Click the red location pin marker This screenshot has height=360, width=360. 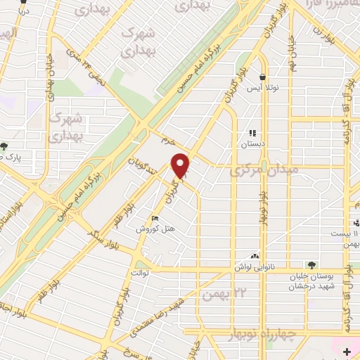click(182, 165)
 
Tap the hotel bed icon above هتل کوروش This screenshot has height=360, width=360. click(155, 219)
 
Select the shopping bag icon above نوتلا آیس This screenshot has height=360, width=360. click(262, 77)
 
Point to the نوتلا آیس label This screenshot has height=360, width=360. click(262, 89)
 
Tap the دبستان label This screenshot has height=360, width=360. click(252, 143)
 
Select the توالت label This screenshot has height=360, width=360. click(138, 271)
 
